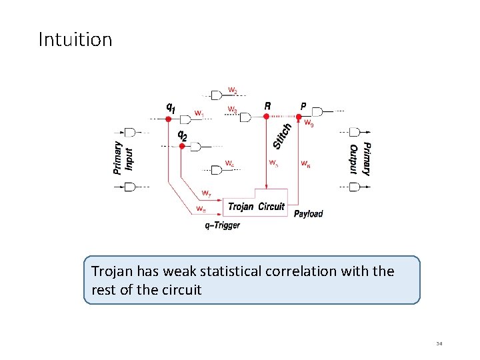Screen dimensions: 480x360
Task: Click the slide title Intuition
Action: (75, 39)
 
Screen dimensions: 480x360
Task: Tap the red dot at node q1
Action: (169, 119)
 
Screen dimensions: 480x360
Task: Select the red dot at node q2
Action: (182, 146)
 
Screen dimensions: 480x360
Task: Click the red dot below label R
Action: (266, 116)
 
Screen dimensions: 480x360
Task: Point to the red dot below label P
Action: (298, 116)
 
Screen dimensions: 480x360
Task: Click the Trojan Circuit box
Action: (256, 207)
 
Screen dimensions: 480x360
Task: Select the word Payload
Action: (308, 213)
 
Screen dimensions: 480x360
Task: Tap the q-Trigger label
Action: (223, 225)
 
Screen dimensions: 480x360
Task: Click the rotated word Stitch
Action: (283, 135)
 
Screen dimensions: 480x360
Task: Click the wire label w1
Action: (199, 113)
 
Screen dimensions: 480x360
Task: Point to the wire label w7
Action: (207, 194)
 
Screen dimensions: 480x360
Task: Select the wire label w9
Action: (309, 123)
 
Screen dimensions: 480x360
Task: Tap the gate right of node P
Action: (317, 111)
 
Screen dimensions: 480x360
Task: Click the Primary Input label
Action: (123, 159)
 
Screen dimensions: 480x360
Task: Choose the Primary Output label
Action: (359, 159)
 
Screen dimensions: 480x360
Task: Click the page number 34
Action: (439, 344)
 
